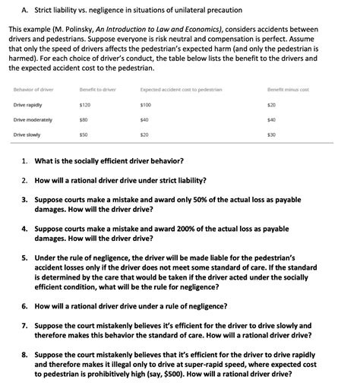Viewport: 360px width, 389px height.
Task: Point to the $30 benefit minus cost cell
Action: click(x=271, y=134)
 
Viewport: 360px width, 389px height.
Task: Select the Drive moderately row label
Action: click(x=31, y=119)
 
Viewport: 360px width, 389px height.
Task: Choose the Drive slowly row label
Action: click(x=27, y=134)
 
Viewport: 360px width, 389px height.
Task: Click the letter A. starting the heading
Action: click(x=17, y=10)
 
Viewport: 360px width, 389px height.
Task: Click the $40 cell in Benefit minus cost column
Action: click(x=271, y=119)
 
